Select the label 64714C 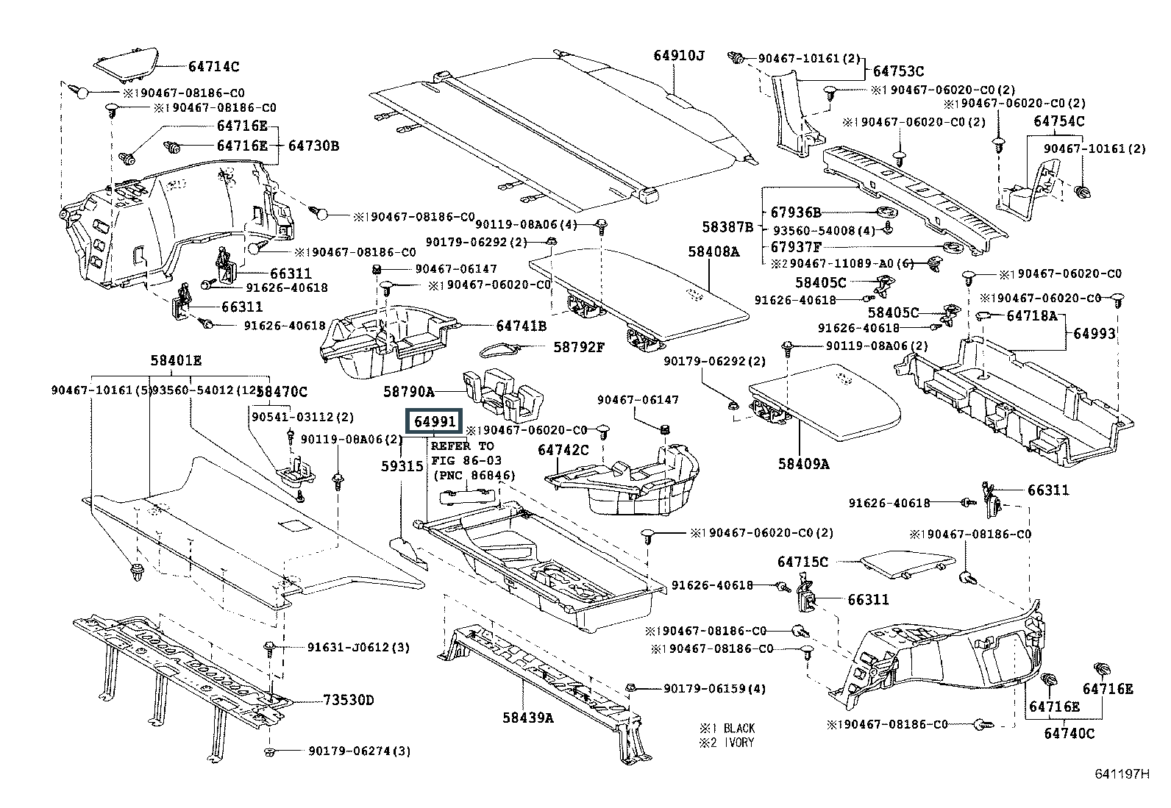213,66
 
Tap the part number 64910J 678,55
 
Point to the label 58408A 713,251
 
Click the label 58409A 804,464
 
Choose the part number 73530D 347,700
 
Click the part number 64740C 1069,733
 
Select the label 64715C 802,562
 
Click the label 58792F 578,346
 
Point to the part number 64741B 521,325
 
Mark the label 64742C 563,450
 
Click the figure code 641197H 1121,774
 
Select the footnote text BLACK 739,728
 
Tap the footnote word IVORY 738,743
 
